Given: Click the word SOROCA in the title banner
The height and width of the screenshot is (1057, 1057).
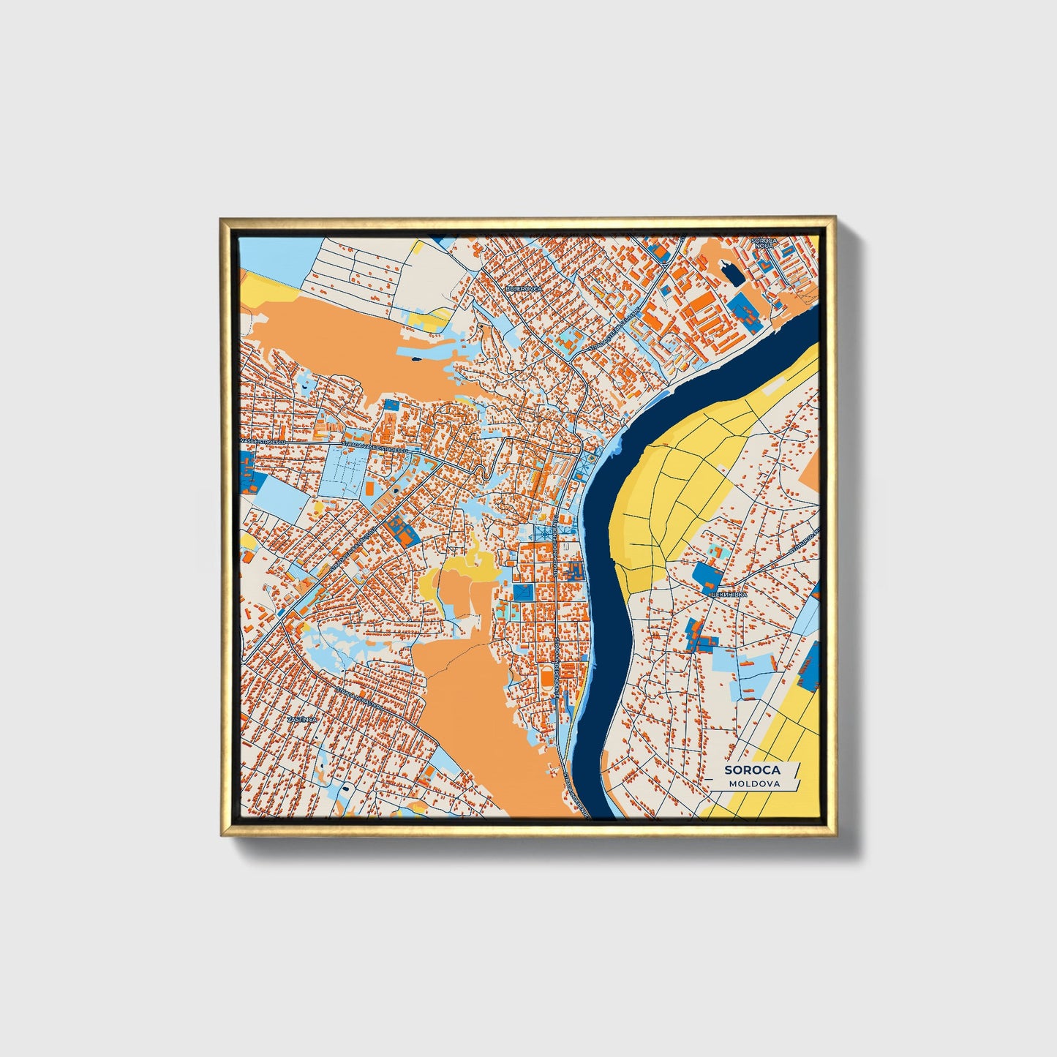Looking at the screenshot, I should [752, 770].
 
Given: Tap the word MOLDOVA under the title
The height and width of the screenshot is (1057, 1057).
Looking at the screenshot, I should [753, 783].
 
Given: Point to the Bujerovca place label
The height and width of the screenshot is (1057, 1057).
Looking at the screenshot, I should [524, 289].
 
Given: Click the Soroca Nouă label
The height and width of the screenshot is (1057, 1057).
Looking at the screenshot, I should [763, 243].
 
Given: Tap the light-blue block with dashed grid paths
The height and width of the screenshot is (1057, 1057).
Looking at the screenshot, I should [345, 469].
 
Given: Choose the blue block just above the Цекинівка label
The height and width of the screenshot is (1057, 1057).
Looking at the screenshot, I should [707, 576].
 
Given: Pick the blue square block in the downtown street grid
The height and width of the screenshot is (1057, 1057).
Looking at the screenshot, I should [523, 592].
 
